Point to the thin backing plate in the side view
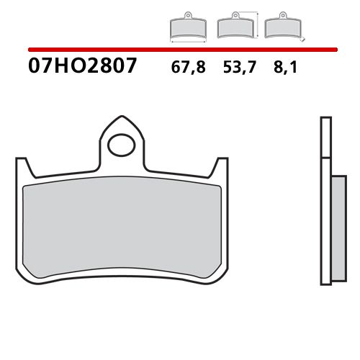pyautogui.click(x=323, y=202)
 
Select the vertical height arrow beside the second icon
pyautogui.click(x=258, y=25)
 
